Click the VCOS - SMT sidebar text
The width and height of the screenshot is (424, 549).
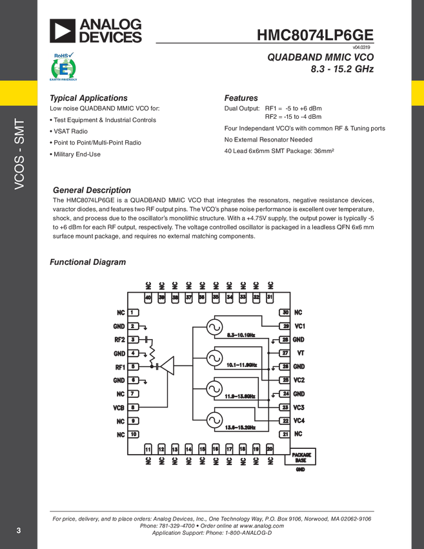(19, 154)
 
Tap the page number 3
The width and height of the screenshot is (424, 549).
(19, 531)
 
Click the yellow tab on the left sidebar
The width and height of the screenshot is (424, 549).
(19, 92)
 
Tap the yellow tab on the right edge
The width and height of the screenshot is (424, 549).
(417, 92)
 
